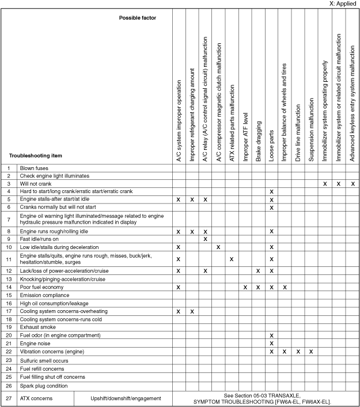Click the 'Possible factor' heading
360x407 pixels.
coord(138,18)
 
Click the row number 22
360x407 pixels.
coord(9,351)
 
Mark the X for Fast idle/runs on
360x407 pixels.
coord(205,239)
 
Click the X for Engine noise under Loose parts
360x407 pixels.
coord(271,343)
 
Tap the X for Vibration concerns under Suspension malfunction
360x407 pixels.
coord(311,351)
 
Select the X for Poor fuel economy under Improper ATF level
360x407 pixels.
coord(245,287)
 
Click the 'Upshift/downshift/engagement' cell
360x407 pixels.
coord(126,398)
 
